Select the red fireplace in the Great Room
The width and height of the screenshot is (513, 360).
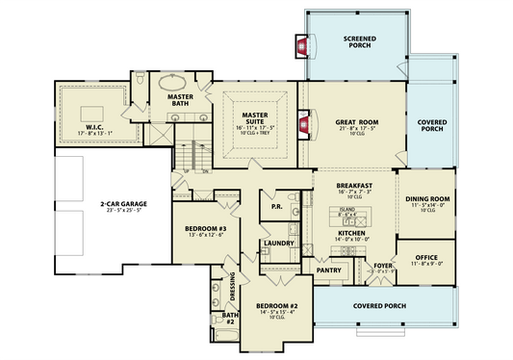coord(305,122)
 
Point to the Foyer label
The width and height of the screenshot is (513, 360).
coord(382,265)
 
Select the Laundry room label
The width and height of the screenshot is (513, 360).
coord(277,244)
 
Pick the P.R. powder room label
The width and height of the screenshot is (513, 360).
coord(275,206)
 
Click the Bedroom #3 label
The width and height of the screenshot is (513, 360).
coord(204,228)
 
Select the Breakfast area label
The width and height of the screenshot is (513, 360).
coord(353,185)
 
